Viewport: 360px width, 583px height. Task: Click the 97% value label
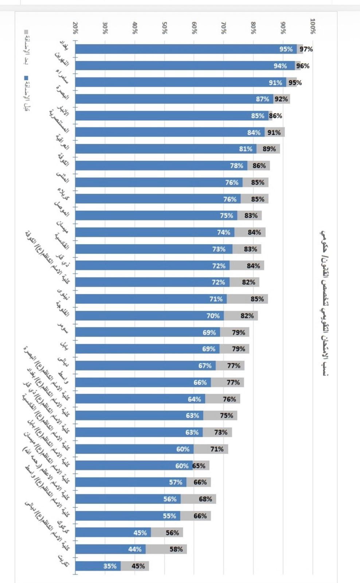306,49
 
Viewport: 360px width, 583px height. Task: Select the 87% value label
262,99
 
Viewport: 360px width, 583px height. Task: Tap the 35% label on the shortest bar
110,566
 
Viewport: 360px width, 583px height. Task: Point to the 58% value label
176,549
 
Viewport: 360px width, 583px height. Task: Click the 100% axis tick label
313,26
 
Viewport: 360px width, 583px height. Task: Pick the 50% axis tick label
164,28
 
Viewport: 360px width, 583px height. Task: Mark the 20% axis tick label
75,28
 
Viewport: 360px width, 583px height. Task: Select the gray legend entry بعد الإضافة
26,47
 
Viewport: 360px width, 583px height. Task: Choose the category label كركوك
63,527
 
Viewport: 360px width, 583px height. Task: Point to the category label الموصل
62,209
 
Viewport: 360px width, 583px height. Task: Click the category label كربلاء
63,194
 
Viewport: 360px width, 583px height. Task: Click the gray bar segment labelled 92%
281,99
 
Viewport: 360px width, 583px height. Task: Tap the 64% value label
194,399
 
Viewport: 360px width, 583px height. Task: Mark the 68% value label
206,499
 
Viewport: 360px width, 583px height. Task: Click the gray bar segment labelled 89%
269,149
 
